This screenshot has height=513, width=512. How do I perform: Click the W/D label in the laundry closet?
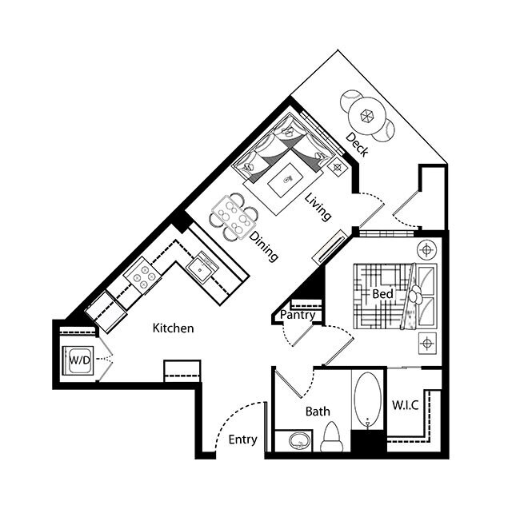tap(78, 360)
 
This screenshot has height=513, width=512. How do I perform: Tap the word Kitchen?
tap(173, 328)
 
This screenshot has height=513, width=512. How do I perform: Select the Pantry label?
tap(298, 316)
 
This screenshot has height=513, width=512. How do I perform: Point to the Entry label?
tap(242, 440)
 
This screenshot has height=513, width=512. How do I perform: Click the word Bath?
tap(318, 412)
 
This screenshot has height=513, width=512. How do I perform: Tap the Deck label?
tap(357, 145)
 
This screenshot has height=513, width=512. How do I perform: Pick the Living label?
tap(318, 205)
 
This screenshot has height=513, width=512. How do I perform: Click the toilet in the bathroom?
tap(332, 438)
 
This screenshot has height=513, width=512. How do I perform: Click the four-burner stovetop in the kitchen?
tap(144, 276)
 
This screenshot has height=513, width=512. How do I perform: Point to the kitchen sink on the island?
tap(200, 267)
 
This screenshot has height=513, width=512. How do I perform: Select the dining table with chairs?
tap(235, 216)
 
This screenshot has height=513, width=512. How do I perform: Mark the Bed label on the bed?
tap(382, 295)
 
